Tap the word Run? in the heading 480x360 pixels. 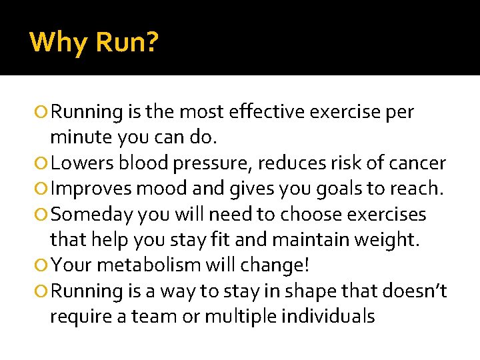tap(127, 43)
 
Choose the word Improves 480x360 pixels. tap(91, 189)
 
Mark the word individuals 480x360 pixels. tap(328, 316)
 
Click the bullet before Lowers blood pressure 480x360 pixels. tap(43, 164)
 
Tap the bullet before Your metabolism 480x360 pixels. tap(43, 266)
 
